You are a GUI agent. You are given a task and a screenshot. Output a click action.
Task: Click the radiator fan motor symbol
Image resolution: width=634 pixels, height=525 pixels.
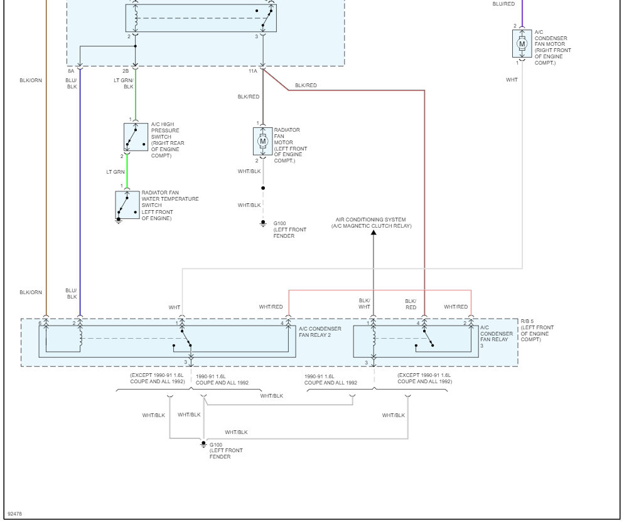263,142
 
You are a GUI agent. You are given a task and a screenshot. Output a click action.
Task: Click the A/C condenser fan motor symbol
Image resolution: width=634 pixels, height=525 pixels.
522,44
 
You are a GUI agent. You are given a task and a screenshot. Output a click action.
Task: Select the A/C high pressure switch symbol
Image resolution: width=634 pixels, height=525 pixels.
136,137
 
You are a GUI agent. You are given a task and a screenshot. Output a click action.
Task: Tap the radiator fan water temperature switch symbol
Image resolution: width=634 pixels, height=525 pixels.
127,204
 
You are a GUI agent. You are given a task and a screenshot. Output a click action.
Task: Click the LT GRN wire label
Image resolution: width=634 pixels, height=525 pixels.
115,172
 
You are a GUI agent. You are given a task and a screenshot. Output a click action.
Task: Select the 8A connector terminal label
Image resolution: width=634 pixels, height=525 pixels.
71,72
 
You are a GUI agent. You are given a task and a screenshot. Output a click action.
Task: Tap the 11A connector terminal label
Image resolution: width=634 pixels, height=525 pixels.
252,72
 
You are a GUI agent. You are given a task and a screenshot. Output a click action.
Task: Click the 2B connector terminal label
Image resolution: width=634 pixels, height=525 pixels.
126,72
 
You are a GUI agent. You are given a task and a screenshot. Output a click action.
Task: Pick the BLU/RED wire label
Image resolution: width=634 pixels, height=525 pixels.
503,4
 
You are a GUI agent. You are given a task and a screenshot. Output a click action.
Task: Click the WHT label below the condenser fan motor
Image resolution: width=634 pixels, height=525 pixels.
512,80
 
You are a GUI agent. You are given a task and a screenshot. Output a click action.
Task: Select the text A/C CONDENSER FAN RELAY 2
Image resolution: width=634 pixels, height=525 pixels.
320,332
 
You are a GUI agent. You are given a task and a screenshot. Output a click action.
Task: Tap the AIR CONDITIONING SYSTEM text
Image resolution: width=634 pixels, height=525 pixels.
370,220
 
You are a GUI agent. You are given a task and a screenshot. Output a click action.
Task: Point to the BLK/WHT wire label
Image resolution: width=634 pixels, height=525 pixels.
365,304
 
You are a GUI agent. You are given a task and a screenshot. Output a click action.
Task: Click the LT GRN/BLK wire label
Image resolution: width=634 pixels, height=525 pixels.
123,83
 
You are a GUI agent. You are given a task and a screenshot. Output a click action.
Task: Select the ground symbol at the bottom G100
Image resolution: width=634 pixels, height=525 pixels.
203,444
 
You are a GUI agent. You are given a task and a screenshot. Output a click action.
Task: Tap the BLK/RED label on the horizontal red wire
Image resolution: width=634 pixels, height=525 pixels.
306,85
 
